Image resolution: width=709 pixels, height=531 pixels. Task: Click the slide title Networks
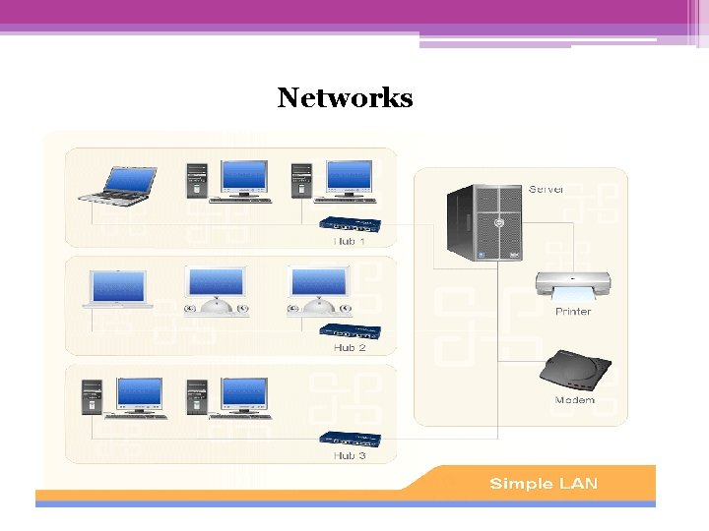point(345,98)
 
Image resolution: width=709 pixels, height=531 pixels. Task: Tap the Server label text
point(546,188)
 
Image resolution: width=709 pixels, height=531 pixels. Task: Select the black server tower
point(483,223)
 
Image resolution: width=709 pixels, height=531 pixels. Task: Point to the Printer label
point(573,312)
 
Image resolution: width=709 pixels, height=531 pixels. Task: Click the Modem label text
point(575,400)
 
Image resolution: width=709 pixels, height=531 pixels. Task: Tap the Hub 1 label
point(350,241)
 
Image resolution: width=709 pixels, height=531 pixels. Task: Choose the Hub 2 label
point(350,347)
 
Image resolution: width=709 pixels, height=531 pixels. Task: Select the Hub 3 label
point(350,455)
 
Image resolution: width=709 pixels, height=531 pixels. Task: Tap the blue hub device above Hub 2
point(350,331)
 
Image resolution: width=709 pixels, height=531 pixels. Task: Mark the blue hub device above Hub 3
point(350,440)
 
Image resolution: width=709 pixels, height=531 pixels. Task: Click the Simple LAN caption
point(543,483)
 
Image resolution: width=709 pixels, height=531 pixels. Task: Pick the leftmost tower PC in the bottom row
point(93,395)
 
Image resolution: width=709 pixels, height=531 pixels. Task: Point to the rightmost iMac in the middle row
point(319,290)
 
